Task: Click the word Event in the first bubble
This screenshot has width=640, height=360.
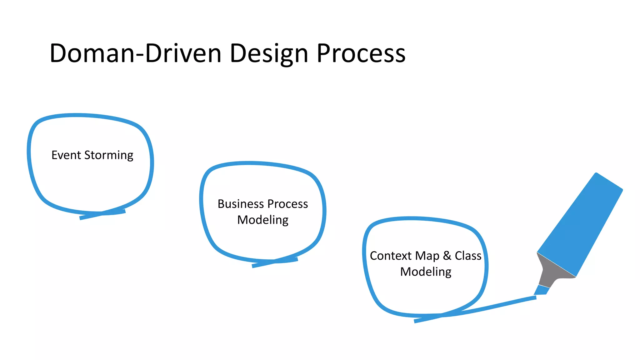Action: (66, 155)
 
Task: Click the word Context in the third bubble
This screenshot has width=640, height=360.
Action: (391, 256)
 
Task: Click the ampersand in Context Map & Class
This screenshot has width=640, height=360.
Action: (447, 256)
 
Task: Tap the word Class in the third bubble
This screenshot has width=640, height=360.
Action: (468, 256)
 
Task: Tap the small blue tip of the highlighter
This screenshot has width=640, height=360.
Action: (542, 290)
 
